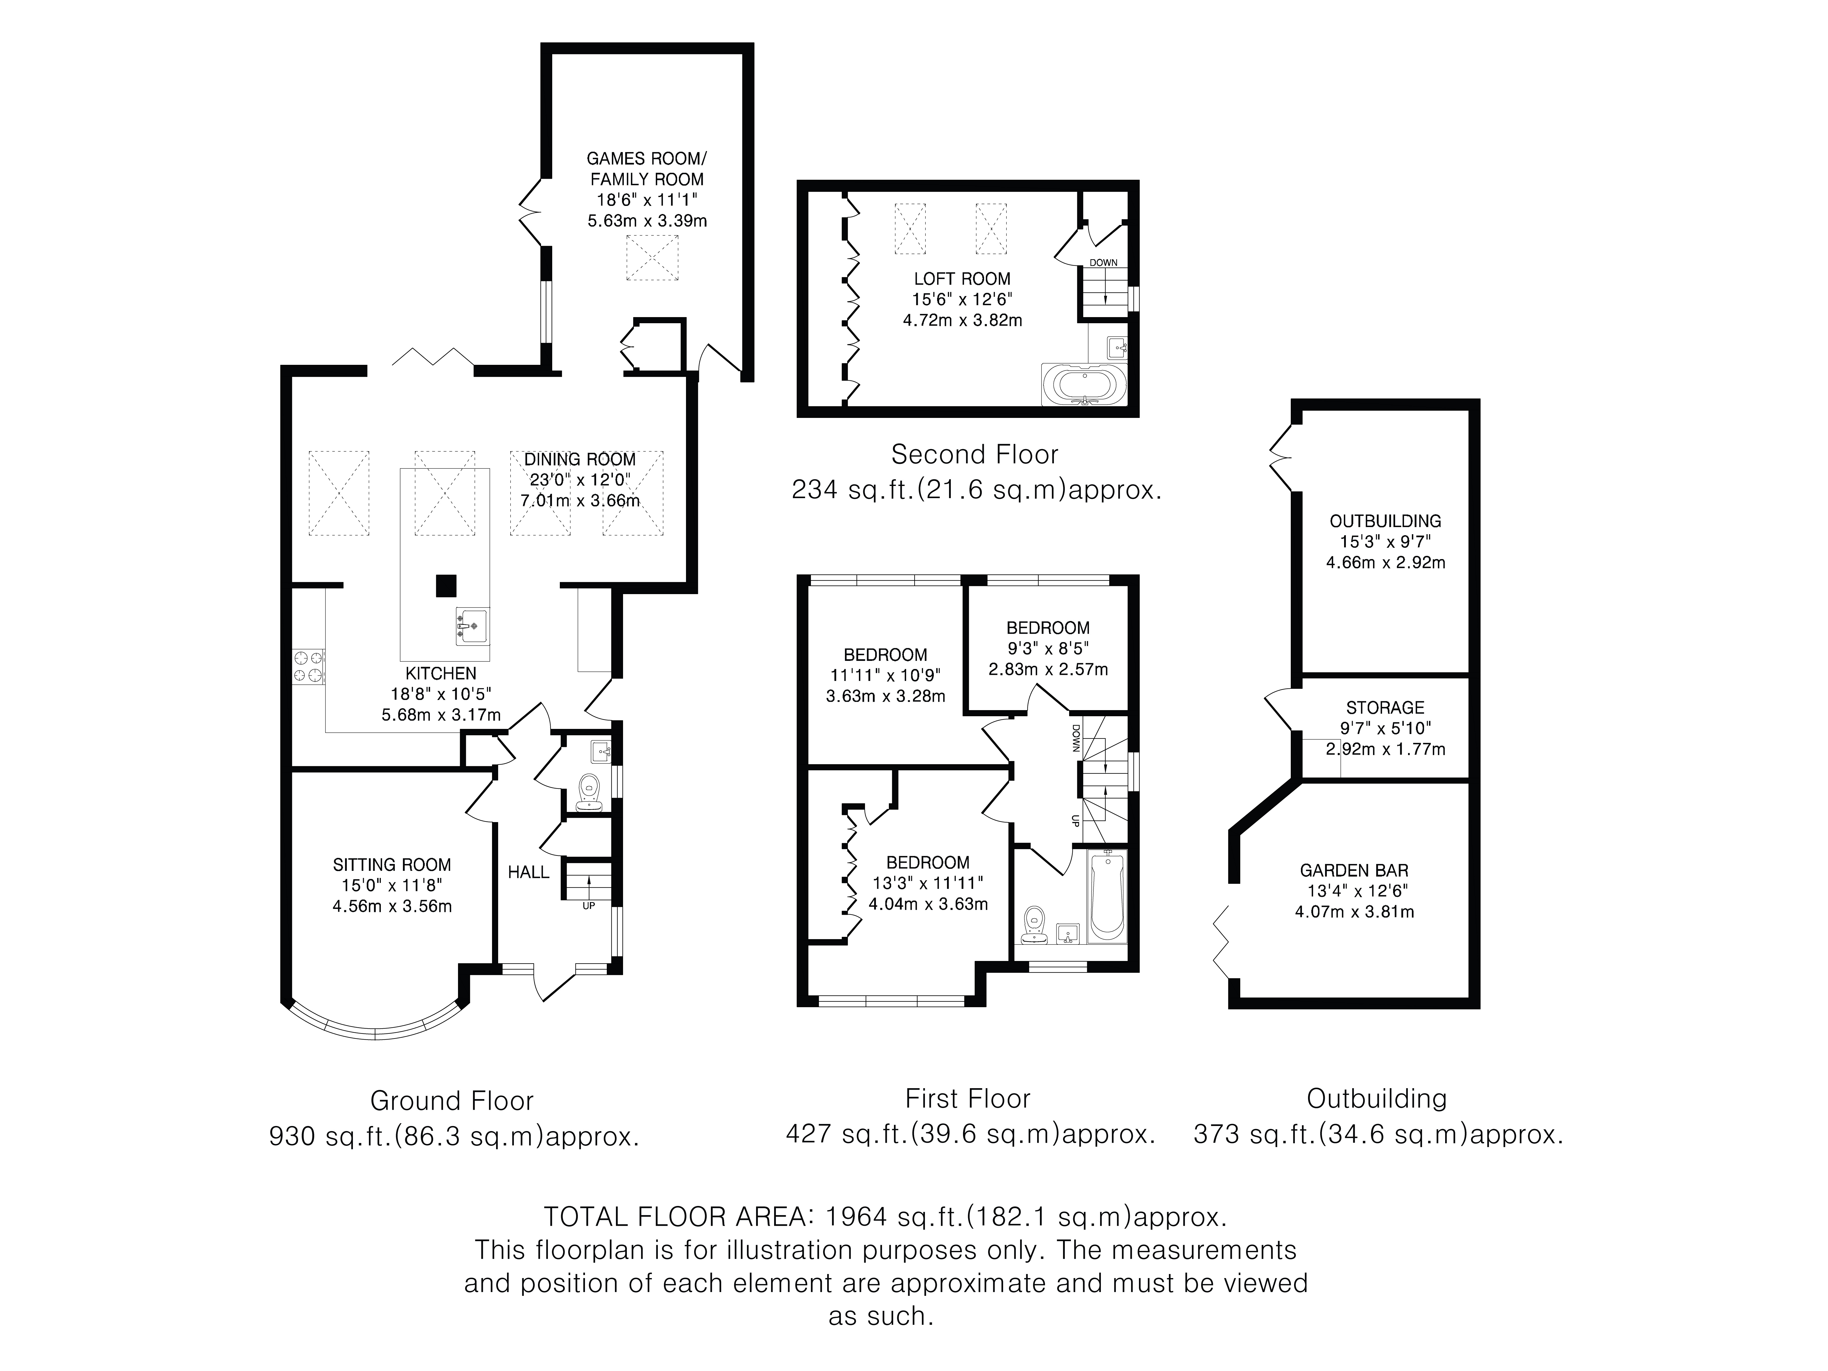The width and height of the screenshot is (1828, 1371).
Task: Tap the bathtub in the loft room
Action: (1083, 385)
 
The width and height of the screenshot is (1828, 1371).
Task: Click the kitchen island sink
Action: (471, 626)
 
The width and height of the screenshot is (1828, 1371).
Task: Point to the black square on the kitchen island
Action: (446, 585)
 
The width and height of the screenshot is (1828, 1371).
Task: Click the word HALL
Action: (528, 872)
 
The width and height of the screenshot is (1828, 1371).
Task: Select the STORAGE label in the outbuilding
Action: (1385, 707)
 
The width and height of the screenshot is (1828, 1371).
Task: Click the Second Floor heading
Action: (974, 454)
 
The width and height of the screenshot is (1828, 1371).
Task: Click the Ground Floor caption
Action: (452, 1101)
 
